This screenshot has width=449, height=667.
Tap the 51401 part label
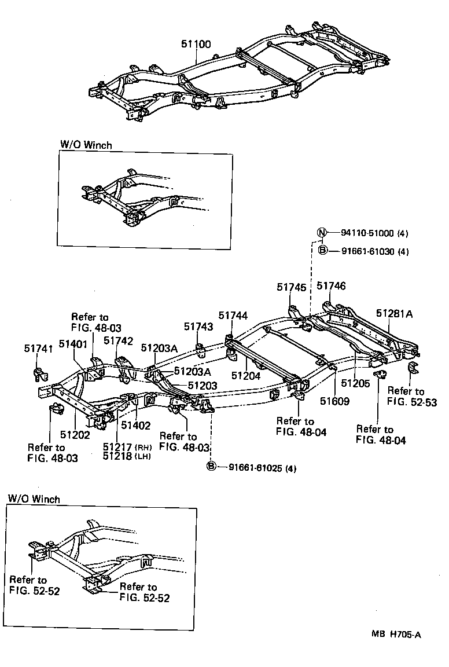tap(72, 344)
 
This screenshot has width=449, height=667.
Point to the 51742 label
tap(118, 341)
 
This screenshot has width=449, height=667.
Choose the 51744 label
tap(233, 316)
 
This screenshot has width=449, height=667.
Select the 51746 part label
tap(331, 286)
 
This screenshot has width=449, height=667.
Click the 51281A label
tap(394, 313)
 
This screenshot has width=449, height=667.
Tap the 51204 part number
tap(245, 375)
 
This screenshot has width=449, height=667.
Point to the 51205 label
tap(355, 383)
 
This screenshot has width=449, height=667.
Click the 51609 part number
tap(335, 401)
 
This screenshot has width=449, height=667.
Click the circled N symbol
tap(322, 233)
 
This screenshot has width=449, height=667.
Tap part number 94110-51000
tap(367, 234)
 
